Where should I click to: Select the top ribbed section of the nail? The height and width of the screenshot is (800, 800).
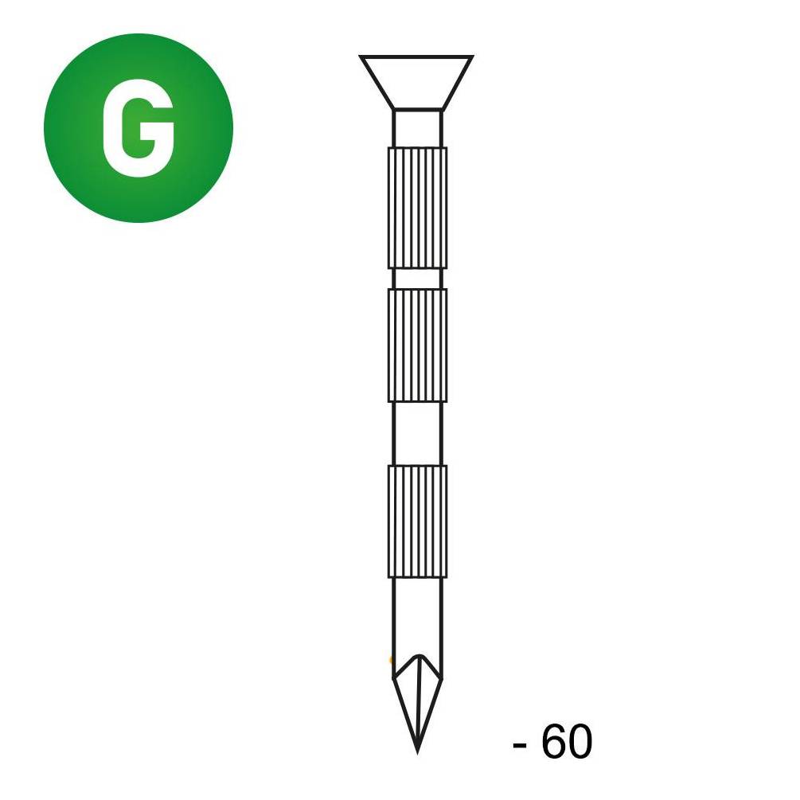click(x=417, y=208)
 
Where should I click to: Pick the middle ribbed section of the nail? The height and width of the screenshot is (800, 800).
click(x=417, y=345)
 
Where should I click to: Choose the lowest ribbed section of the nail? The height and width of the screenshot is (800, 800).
click(x=417, y=521)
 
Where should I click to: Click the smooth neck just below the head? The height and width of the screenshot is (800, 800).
click(x=417, y=129)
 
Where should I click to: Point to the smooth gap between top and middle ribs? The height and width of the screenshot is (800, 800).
click(x=417, y=279)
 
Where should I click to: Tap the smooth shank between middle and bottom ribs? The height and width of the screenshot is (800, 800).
click(x=417, y=434)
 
